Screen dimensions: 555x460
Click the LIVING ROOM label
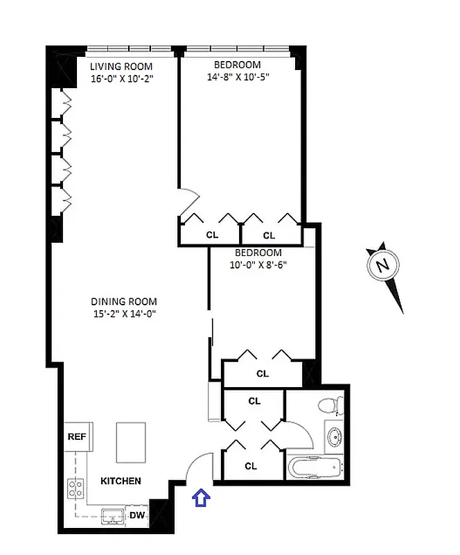(x=122, y=66)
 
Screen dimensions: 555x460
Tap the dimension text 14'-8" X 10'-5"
(x=238, y=77)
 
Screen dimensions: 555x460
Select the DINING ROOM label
(x=124, y=301)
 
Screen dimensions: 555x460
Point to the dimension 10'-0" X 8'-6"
(x=258, y=264)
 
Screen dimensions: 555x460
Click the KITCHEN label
(x=121, y=481)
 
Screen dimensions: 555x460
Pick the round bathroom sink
(x=334, y=438)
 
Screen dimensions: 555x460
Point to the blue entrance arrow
(x=201, y=497)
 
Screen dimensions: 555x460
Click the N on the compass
(x=381, y=264)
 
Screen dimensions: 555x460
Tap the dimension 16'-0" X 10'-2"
(x=122, y=78)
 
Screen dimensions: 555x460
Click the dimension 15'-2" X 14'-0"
(x=124, y=314)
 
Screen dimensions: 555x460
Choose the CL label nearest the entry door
(x=251, y=466)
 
